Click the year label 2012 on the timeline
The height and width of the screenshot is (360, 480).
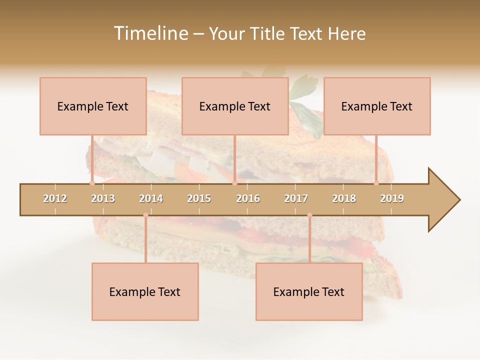[55, 198]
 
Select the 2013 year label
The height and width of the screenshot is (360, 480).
[103, 198]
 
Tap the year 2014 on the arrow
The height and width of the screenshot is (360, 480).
[151, 198]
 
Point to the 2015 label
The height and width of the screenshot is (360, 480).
[199, 198]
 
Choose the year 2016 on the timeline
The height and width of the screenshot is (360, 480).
[248, 198]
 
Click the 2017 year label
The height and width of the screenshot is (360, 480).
[296, 198]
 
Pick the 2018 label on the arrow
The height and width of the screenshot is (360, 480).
[344, 198]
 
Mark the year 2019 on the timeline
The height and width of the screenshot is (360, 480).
[392, 198]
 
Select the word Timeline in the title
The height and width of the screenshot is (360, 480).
[150, 33]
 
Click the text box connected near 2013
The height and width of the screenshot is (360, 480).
[93, 106]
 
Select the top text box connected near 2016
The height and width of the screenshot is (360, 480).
[235, 106]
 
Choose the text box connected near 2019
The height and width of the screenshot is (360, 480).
[377, 106]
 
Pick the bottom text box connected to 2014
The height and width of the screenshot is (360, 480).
[145, 291]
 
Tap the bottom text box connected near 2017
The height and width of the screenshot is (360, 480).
[309, 291]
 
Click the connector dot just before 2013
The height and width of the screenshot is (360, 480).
[92, 183]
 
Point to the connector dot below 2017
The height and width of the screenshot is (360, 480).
[309, 215]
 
